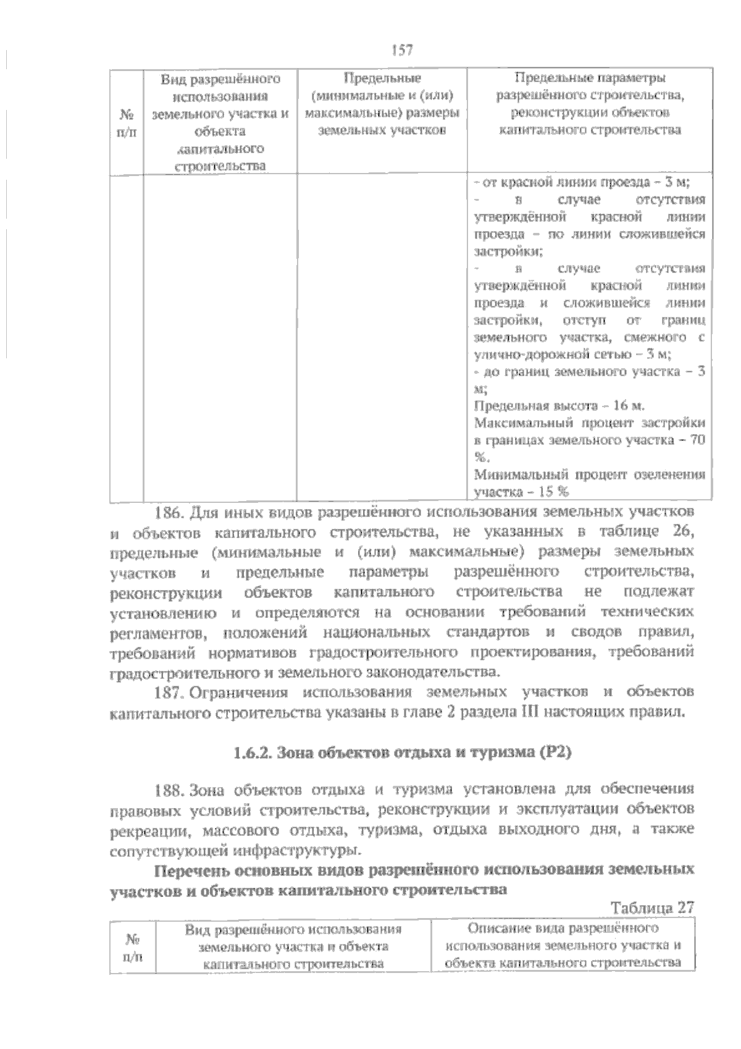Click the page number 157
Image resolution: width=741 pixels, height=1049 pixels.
[401, 49]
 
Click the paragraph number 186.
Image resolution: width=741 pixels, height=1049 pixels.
[167, 512]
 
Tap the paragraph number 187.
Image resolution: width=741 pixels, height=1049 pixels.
[167, 691]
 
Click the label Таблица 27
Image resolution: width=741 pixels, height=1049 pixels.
[652, 908]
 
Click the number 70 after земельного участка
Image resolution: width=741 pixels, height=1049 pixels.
[697, 441]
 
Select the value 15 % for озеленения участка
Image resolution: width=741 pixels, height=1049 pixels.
[555, 492]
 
